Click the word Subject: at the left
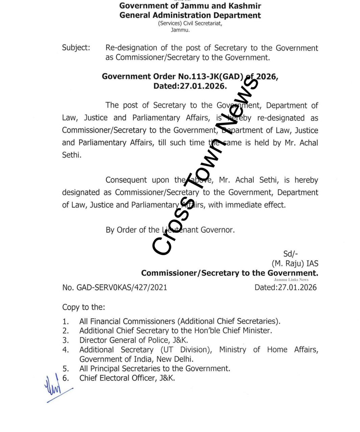point(76,48)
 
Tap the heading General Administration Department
point(190,15)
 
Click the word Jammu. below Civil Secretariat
point(180,30)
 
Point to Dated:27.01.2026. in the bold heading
point(190,86)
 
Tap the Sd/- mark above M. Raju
point(290,254)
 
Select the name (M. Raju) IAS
point(295,263)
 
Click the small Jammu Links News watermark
point(291,279)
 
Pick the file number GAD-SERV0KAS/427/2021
point(122,288)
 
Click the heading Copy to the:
point(83,307)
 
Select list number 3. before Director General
point(66,340)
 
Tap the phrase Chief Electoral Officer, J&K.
point(127,378)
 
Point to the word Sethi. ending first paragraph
point(72,155)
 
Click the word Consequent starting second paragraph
point(126,180)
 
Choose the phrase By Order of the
point(132,230)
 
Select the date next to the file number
point(285,288)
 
